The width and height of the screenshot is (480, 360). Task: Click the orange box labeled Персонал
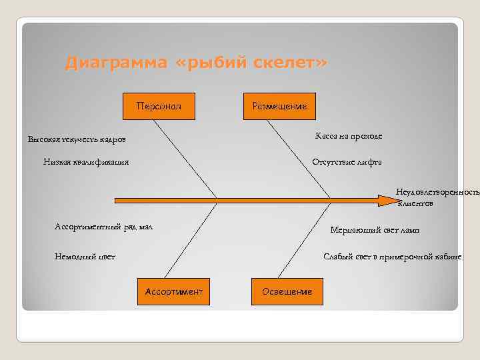(160, 106)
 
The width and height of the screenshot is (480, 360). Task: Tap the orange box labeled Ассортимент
(173, 291)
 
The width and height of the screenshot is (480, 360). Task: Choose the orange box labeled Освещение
(287, 291)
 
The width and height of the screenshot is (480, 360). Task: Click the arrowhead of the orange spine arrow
(385, 199)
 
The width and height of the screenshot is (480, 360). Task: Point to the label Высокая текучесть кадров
(76, 139)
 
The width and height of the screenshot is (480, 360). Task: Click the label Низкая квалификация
(86, 161)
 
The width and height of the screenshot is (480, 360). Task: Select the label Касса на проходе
(349, 136)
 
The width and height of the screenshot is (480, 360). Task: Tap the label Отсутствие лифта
(347, 161)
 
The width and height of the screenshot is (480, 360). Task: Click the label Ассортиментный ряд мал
(103, 227)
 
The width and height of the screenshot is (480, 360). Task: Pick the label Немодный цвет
(85, 256)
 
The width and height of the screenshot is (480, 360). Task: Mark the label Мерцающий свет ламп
(375, 230)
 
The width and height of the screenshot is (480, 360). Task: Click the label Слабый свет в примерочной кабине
(392, 256)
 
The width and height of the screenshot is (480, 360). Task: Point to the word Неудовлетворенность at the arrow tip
(437, 192)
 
